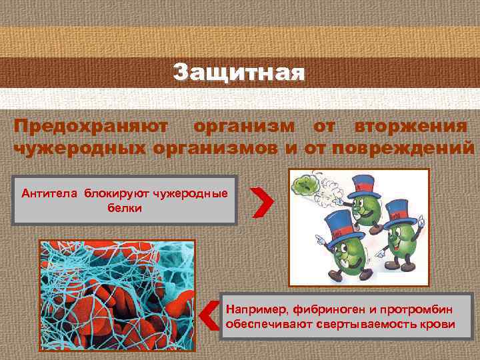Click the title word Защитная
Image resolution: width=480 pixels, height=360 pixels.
click(x=239, y=72)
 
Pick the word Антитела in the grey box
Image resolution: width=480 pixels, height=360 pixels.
click(x=50, y=194)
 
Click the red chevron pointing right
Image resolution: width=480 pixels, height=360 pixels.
click(x=263, y=201)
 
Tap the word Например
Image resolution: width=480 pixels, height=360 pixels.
click(x=252, y=310)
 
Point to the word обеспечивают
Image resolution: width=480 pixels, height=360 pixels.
click(x=261, y=325)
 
